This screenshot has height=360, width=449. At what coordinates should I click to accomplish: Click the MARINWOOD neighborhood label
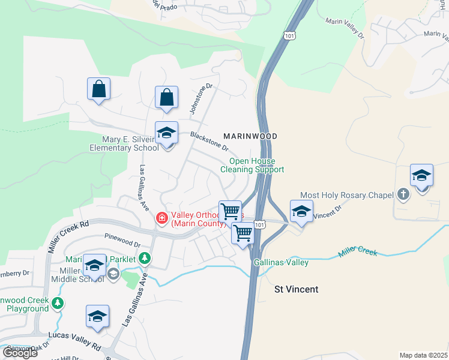(250, 136)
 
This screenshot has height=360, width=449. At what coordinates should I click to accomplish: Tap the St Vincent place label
(296, 289)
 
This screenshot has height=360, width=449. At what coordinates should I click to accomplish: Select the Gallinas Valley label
(281, 263)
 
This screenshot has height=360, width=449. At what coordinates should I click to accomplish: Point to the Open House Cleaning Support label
(252, 166)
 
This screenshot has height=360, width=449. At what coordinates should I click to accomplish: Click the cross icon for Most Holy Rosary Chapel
(403, 194)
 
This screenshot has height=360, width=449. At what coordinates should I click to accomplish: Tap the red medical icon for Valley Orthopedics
(161, 218)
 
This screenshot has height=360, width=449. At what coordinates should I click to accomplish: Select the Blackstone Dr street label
(209, 142)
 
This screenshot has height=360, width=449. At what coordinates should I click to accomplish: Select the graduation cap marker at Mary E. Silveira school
(167, 133)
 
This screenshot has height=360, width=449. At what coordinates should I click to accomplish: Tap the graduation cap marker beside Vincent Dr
(301, 211)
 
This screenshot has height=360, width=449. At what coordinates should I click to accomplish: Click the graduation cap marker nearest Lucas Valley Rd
(97, 316)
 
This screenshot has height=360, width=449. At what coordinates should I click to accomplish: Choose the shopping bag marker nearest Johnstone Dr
(167, 98)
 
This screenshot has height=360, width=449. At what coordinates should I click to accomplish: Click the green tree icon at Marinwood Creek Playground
(57, 302)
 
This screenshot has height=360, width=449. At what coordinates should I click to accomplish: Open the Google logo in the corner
(20, 353)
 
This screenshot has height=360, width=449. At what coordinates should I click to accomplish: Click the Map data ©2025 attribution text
(423, 355)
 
